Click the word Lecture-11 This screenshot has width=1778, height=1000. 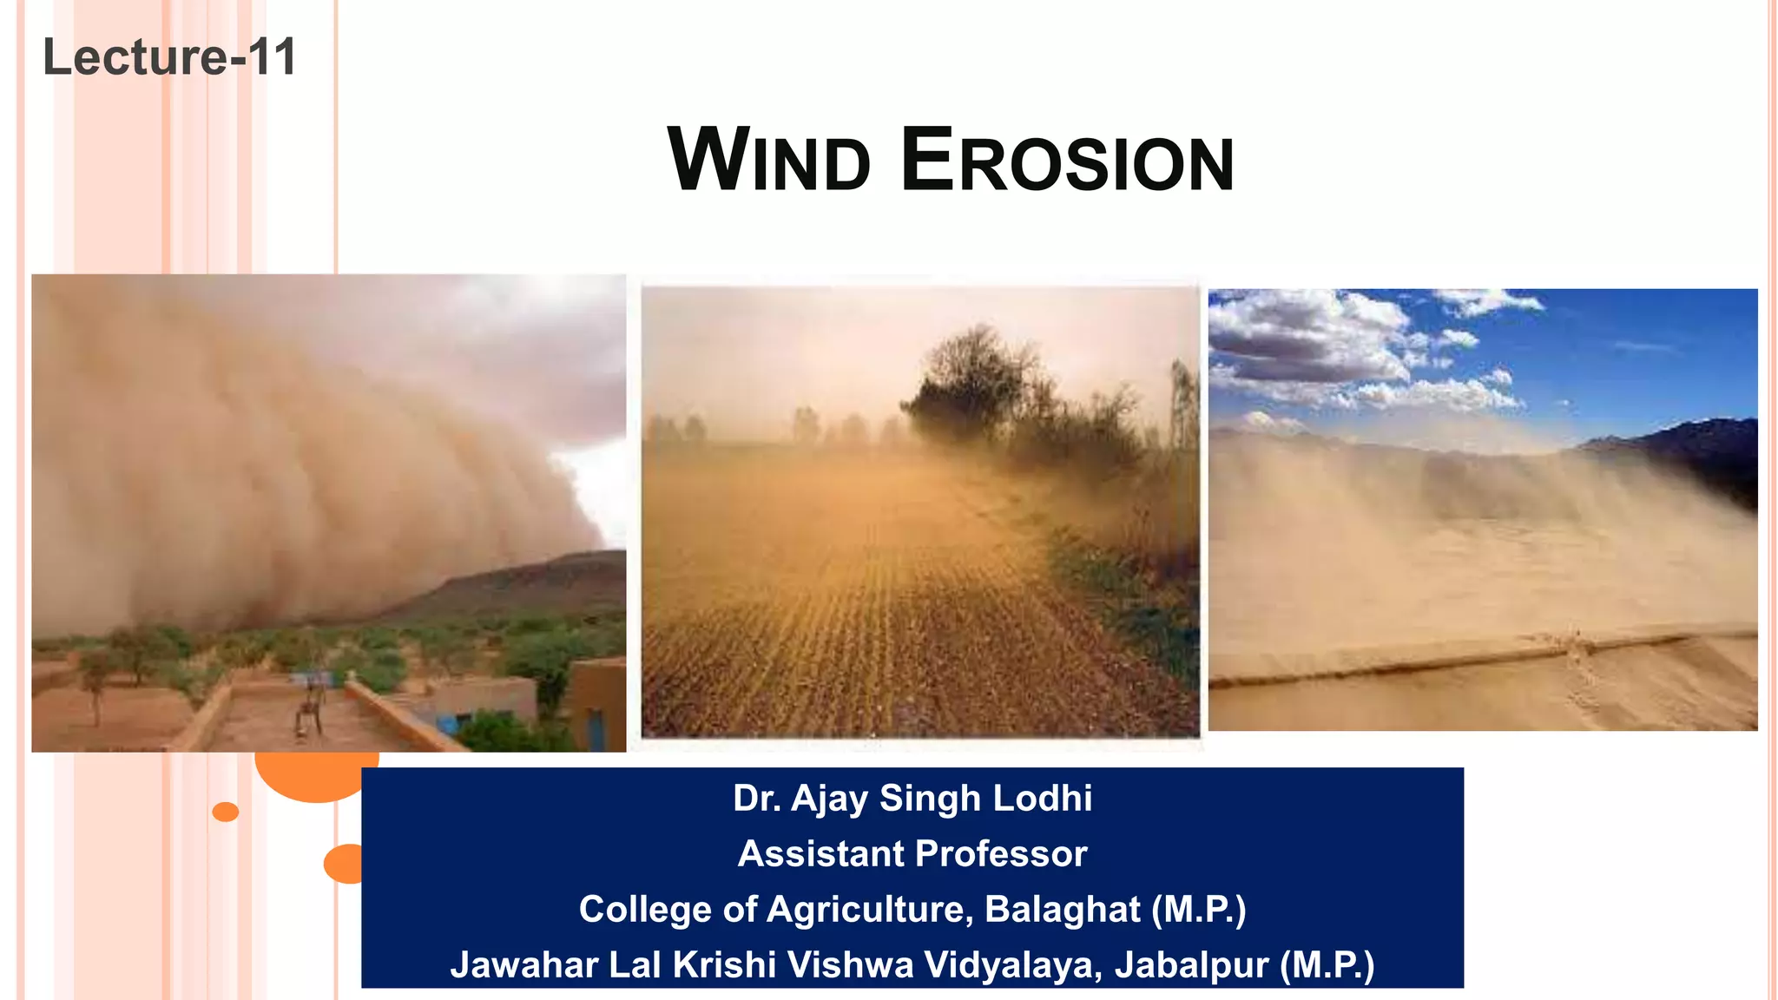pyautogui.click(x=169, y=57)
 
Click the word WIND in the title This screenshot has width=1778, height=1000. pyautogui.click(x=768, y=161)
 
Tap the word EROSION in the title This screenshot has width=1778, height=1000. pyautogui.click(x=1067, y=161)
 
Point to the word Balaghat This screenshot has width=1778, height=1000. pyautogui.click(x=1062, y=910)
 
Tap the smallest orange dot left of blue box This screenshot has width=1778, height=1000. pyautogui.click(x=226, y=812)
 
